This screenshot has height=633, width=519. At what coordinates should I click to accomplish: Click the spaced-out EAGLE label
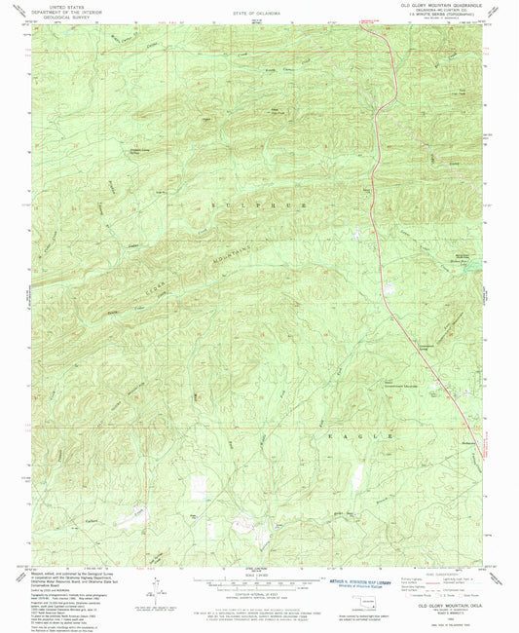pos(370,413)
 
